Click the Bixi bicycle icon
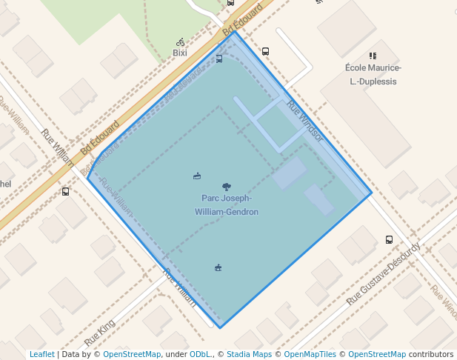pyautogui.click(x=181, y=42)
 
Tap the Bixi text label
pyautogui.click(x=180, y=53)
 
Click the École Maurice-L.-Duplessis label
pyautogui.click(x=372, y=74)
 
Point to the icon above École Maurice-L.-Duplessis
pyautogui.click(x=373, y=56)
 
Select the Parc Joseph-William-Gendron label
pyautogui.click(x=226, y=205)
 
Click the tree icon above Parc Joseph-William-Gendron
pyautogui.click(x=226, y=187)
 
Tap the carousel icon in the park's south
pyautogui.click(x=218, y=267)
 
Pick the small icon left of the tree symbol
pyautogui.click(x=197, y=176)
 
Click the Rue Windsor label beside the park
pyautogui.click(x=305, y=120)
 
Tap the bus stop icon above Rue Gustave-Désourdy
pyautogui.click(x=389, y=239)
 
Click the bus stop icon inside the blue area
pyautogui.click(x=219, y=59)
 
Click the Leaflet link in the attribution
pyautogui.click(x=42, y=355)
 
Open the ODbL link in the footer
pyautogui.click(x=200, y=355)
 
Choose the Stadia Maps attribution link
pyautogui.click(x=249, y=355)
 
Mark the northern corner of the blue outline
pyautogui.click(x=235, y=31)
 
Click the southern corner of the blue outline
pyautogui.click(x=220, y=327)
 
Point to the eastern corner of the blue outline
pyautogui.click(x=372, y=195)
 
